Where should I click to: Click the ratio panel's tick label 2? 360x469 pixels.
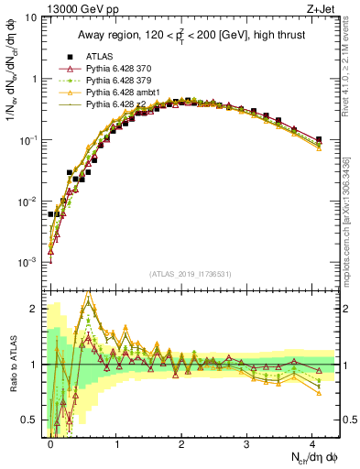pyautogui.click(x=35, y=308)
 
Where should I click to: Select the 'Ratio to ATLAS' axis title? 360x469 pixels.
pyautogui.click(x=11, y=362)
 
